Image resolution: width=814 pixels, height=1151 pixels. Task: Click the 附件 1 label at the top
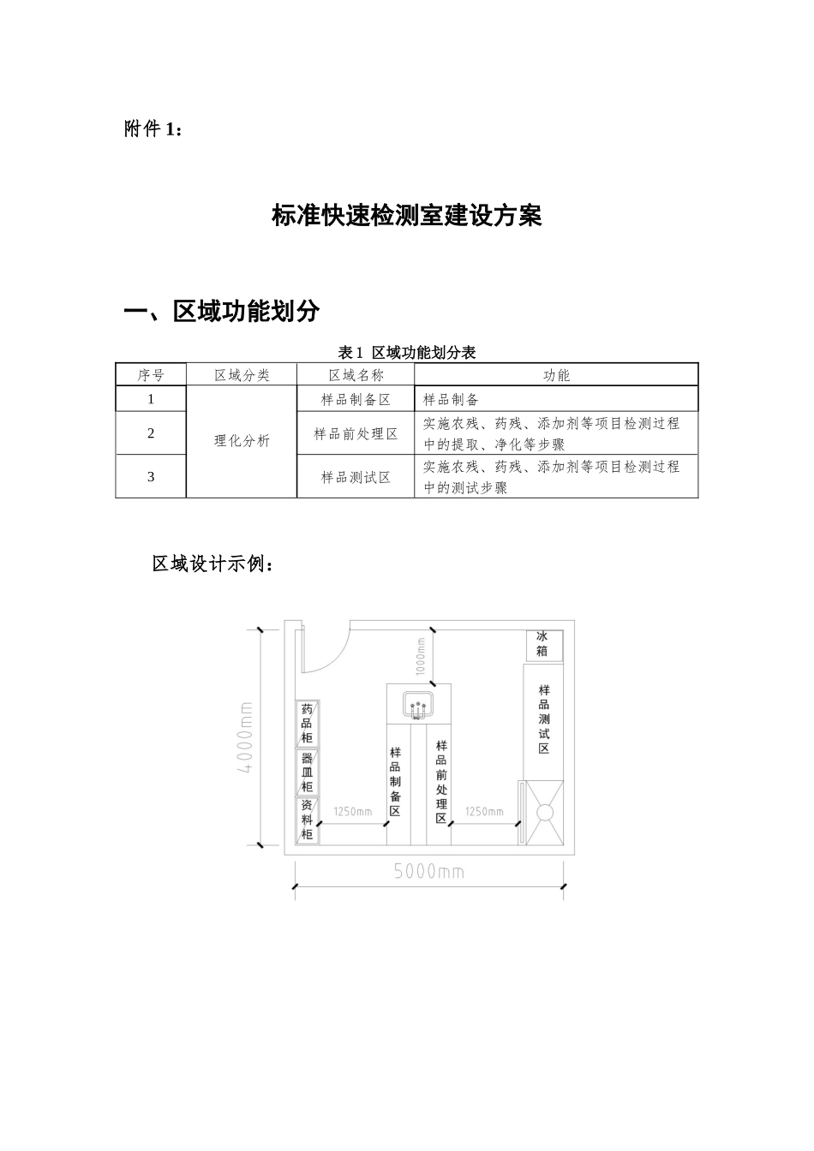point(153,129)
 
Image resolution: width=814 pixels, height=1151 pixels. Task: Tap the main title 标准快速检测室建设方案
point(406,217)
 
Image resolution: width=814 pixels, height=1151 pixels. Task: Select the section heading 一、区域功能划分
point(222,311)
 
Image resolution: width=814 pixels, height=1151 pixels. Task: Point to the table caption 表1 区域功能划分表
point(407,353)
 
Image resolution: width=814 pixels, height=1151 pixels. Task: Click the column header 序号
point(151,375)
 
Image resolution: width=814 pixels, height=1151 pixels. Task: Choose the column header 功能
point(556,375)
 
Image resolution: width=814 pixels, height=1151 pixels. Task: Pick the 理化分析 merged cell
point(242,441)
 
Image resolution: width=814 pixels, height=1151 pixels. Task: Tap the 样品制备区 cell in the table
point(356,399)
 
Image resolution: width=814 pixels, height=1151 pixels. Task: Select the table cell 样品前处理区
point(356,434)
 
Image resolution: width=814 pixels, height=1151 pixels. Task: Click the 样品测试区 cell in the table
point(356,477)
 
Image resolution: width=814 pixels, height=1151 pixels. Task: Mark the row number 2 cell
point(151,433)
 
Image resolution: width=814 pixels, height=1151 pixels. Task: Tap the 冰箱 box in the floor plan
point(543,644)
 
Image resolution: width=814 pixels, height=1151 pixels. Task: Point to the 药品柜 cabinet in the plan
point(307,724)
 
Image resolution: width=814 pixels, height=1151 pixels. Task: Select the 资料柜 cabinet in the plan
point(307,820)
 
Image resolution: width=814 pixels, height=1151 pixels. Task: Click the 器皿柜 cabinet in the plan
point(307,772)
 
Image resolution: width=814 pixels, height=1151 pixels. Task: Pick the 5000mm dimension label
point(429,872)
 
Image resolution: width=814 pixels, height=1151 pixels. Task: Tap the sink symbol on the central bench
point(419,706)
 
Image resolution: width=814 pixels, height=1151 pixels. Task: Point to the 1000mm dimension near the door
point(420,656)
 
